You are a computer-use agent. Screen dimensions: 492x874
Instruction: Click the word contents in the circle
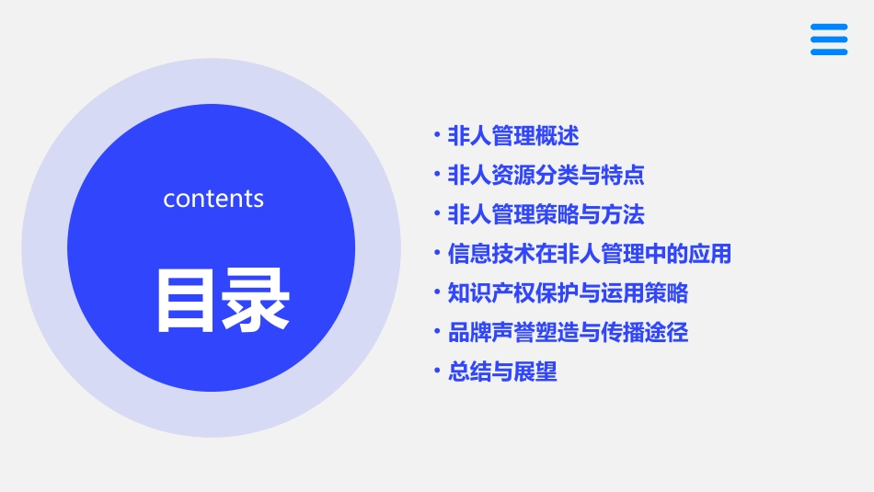click(213, 199)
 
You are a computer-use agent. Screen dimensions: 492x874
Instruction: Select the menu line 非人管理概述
click(512, 136)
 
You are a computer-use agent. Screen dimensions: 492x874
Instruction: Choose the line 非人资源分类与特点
click(546, 175)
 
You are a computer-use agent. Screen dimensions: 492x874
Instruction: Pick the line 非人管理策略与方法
click(546, 214)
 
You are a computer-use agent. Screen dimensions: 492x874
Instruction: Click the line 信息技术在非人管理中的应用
click(589, 254)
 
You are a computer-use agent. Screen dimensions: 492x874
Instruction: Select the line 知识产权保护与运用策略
click(568, 293)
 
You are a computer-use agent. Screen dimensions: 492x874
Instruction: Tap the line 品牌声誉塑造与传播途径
click(568, 332)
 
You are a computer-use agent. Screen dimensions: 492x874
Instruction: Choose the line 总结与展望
click(502, 372)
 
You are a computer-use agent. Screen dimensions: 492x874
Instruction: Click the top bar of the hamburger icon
click(829, 27)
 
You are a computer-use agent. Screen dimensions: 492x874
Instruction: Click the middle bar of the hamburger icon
click(829, 40)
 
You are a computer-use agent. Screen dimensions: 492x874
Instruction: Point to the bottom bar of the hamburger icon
click(829, 51)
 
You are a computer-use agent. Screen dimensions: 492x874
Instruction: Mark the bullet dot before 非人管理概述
click(437, 135)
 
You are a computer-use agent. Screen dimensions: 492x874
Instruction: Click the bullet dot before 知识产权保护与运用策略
click(437, 292)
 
